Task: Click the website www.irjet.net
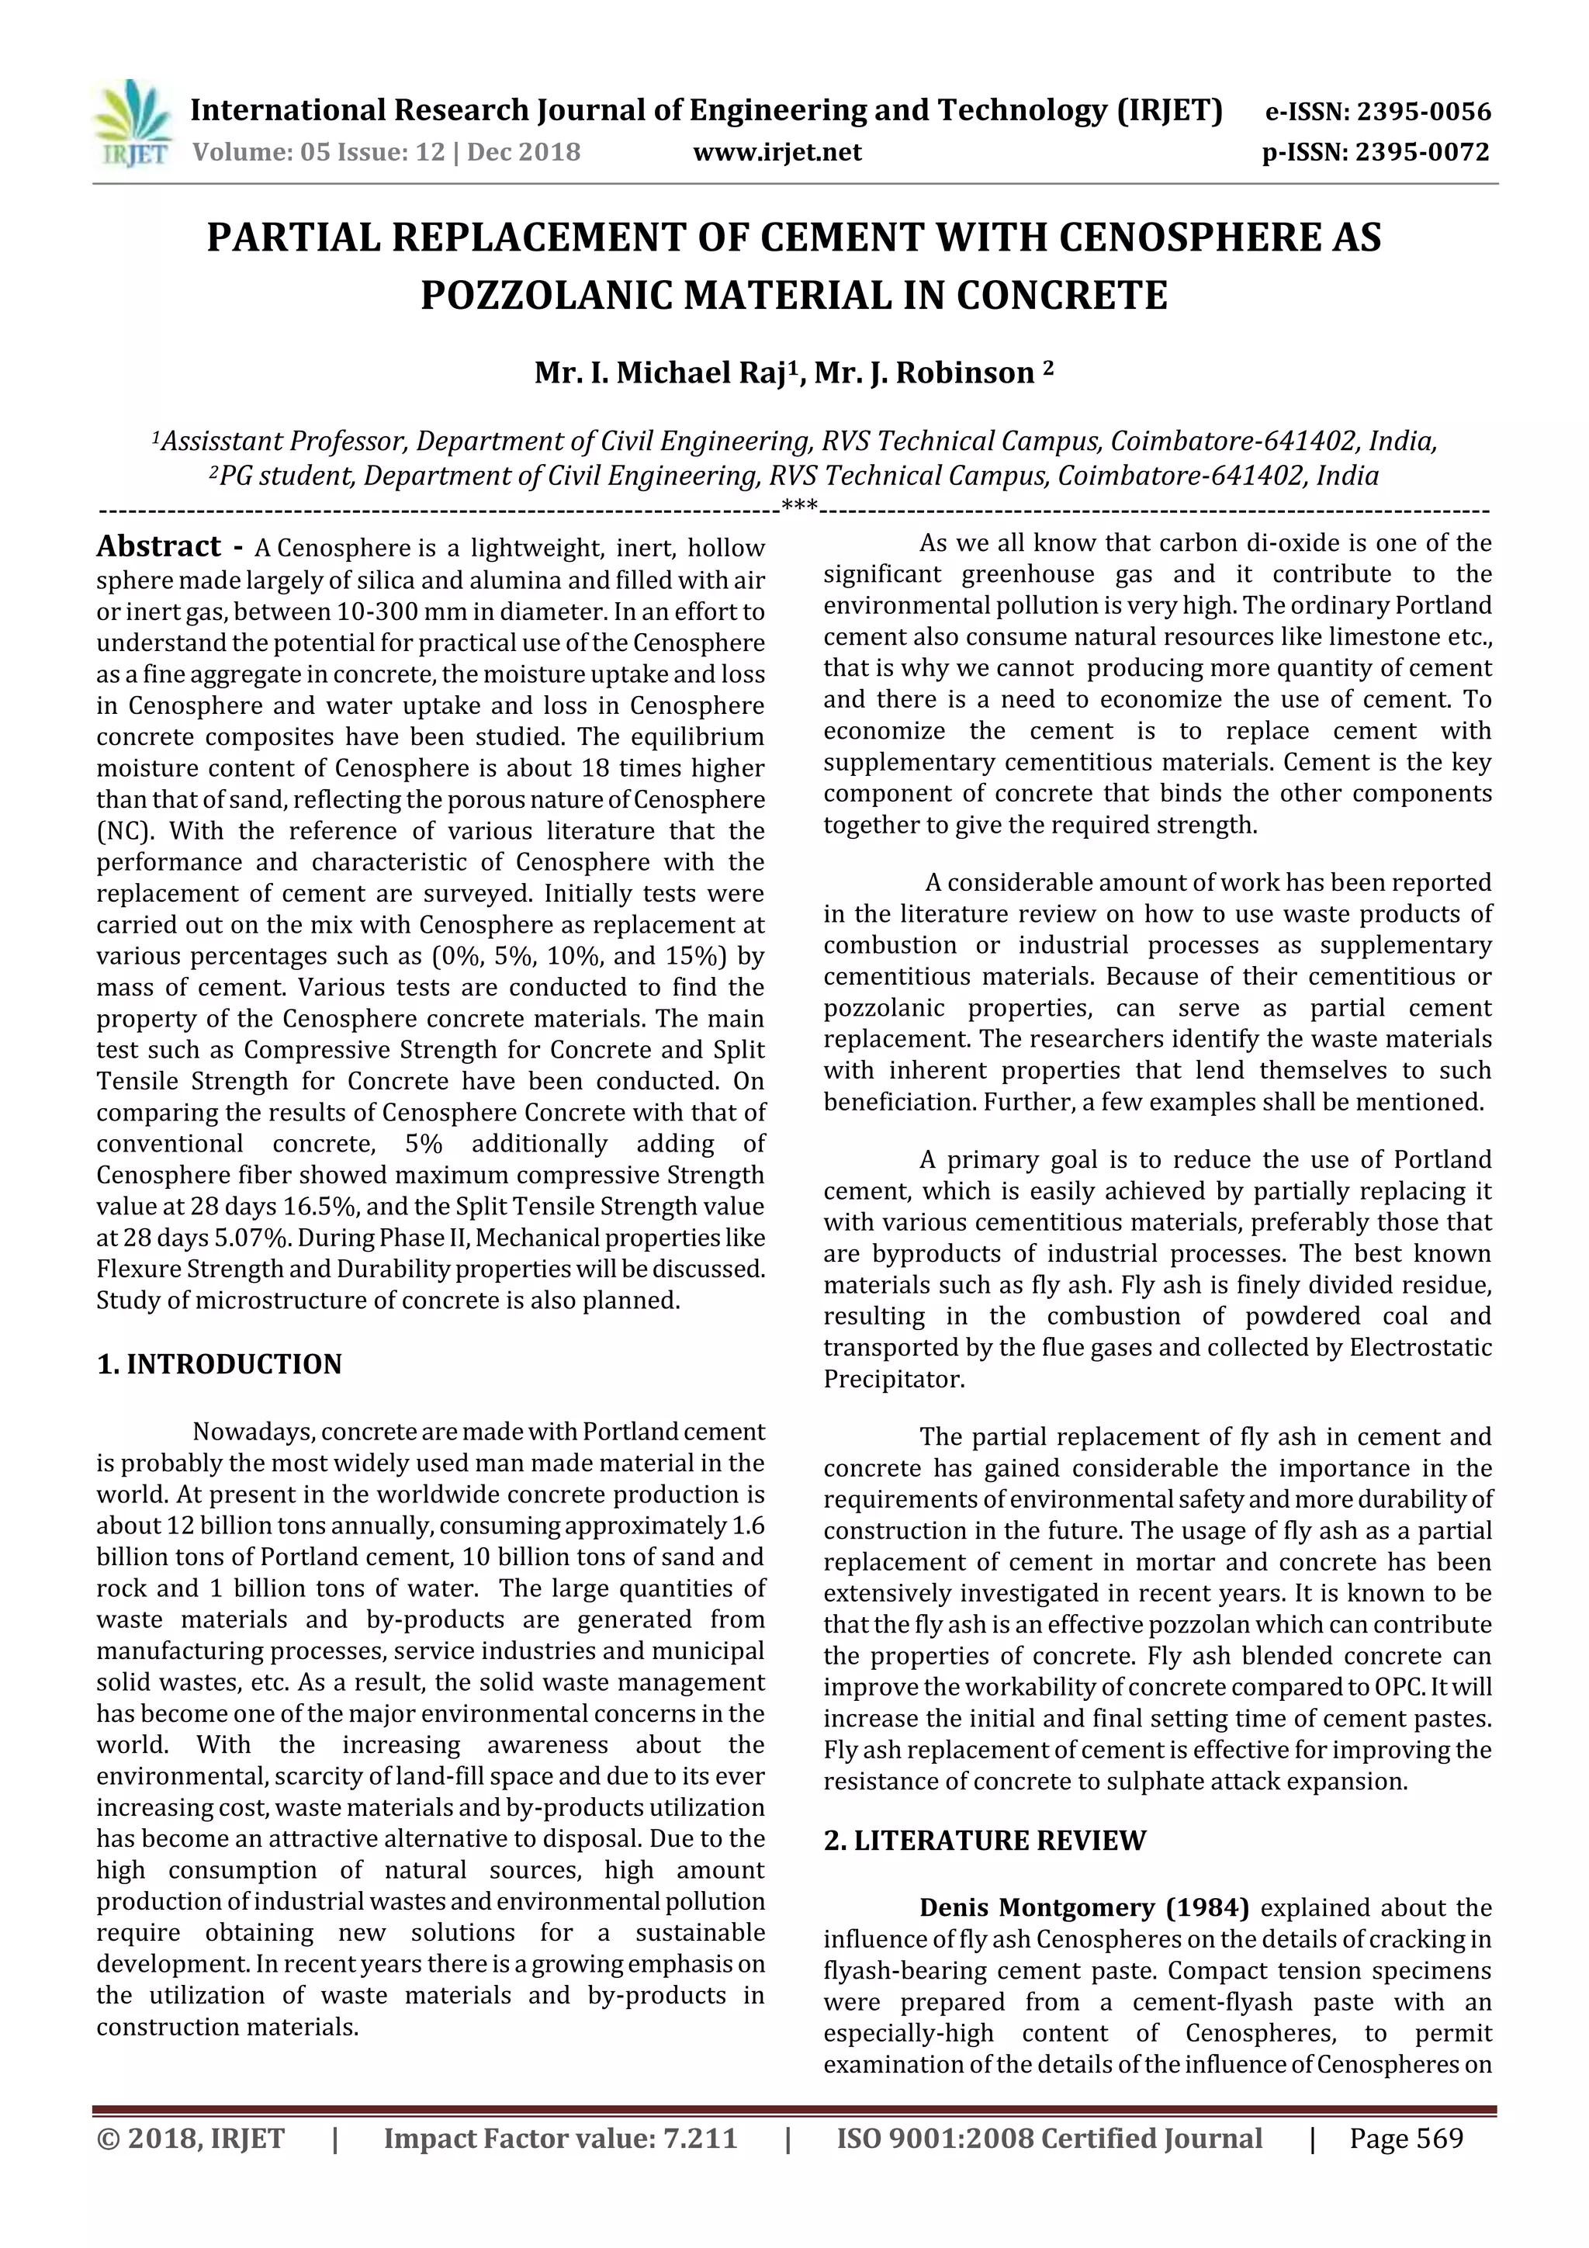point(777,153)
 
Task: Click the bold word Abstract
point(158,546)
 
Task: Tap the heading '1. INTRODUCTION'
point(220,1364)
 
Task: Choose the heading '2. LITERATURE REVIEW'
point(984,1841)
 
